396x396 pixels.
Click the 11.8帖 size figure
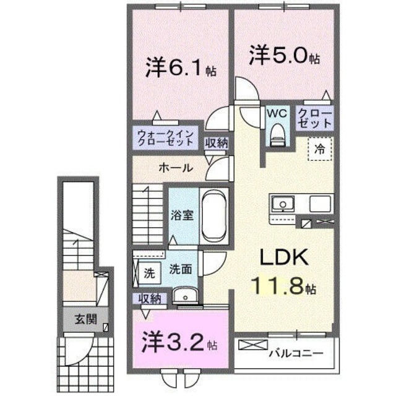284,286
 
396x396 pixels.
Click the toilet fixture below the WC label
277,132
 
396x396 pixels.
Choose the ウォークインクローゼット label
166,136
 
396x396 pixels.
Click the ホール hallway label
175,167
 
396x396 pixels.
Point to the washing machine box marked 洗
148,271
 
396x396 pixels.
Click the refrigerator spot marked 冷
320,148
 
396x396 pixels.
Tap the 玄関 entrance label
84,320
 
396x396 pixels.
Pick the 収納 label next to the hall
217,143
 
